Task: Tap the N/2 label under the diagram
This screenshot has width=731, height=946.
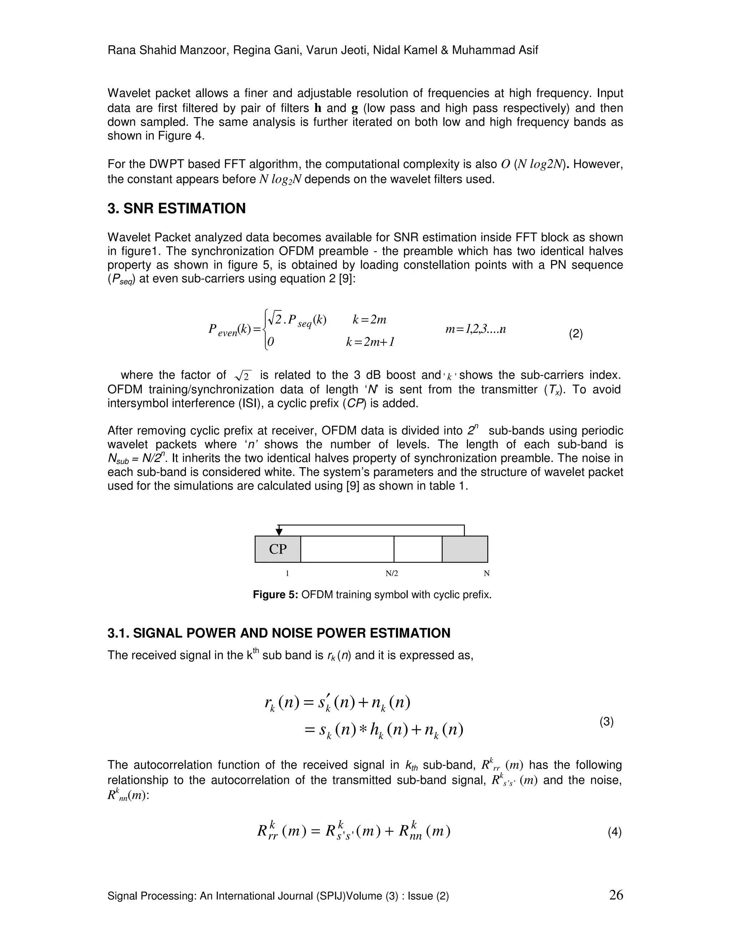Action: tap(392, 574)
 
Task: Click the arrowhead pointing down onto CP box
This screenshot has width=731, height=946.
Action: tap(279, 532)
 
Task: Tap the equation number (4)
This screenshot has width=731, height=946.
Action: tap(615, 832)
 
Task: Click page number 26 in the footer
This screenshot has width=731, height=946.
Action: tap(616, 895)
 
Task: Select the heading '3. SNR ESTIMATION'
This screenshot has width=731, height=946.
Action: tap(177, 208)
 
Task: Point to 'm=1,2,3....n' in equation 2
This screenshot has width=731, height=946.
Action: tap(475, 329)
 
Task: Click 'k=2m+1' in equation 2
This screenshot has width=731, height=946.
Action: tap(370, 342)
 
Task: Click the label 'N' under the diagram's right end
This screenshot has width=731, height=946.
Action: tap(487, 574)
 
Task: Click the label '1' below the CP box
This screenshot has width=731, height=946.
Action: tap(287, 574)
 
